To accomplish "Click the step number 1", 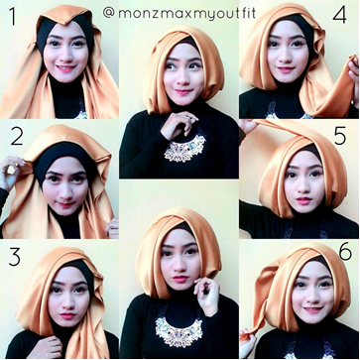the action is click(12, 17).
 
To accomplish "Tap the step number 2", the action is click(17, 137).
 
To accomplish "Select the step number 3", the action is click(15, 258).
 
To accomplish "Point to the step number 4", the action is click(339, 16).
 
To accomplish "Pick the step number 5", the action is click(340, 136).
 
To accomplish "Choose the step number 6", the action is click(345, 253).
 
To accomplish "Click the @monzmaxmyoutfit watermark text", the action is click(179, 13).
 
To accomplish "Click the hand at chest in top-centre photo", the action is click(178, 125).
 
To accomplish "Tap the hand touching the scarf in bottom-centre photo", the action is click(206, 296).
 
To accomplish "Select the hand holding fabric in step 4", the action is click(353, 80).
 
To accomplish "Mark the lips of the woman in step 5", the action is click(304, 200).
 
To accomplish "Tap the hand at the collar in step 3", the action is click(49, 347).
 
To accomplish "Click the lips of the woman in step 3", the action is click(67, 315).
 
